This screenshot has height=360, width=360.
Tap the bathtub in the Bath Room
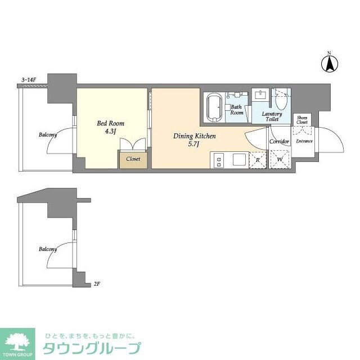point(214,106)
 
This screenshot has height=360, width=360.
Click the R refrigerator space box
point(257,159)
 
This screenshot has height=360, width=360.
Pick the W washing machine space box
point(279,159)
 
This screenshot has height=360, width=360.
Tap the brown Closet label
point(133,159)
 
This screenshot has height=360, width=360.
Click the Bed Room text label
point(111,123)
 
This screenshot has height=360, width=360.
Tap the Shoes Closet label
point(302,119)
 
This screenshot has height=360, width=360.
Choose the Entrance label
point(304,141)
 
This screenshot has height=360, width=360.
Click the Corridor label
point(279,141)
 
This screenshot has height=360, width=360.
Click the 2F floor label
point(97,284)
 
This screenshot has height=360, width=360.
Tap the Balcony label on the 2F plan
point(48,249)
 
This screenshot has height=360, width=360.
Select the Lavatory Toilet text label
point(272,116)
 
